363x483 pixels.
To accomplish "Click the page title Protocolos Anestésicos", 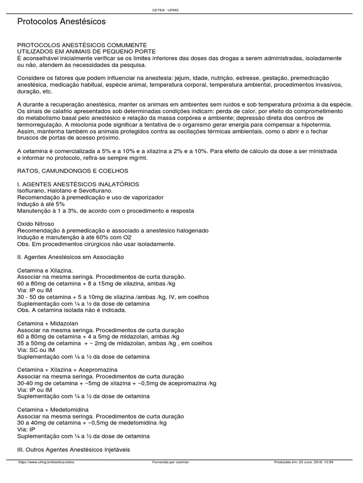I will click(x=61, y=22).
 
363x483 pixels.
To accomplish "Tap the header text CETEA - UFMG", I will click(x=181, y=10).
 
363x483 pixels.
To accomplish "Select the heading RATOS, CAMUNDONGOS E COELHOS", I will click(x=73, y=170).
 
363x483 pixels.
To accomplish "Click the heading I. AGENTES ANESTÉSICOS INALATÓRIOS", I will click(x=78, y=184).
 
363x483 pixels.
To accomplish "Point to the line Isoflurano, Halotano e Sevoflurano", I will click(x=65, y=191).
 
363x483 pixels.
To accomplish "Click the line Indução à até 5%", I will click(x=41, y=204).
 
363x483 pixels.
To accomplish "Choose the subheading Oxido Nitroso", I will click(x=35, y=224).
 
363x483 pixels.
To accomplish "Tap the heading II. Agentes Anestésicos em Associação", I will click(x=70, y=257).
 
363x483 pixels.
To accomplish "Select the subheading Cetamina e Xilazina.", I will click(x=45, y=270).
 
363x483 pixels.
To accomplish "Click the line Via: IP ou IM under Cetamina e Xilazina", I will click(x=35, y=291).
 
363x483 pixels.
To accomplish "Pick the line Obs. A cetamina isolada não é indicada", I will click(x=71, y=310).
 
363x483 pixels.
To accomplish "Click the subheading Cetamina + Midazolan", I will click(x=47, y=324).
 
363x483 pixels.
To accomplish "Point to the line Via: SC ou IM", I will click(x=35, y=350).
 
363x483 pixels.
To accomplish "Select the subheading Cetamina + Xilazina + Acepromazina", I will click(x=67, y=369).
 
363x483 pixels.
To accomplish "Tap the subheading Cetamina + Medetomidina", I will click(x=52, y=409).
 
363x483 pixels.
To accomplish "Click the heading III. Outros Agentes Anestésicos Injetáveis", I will click(x=73, y=450).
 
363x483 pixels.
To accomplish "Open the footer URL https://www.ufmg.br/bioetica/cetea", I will click(x=46, y=462).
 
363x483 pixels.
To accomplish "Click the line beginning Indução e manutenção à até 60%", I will click(x=74, y=237).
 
